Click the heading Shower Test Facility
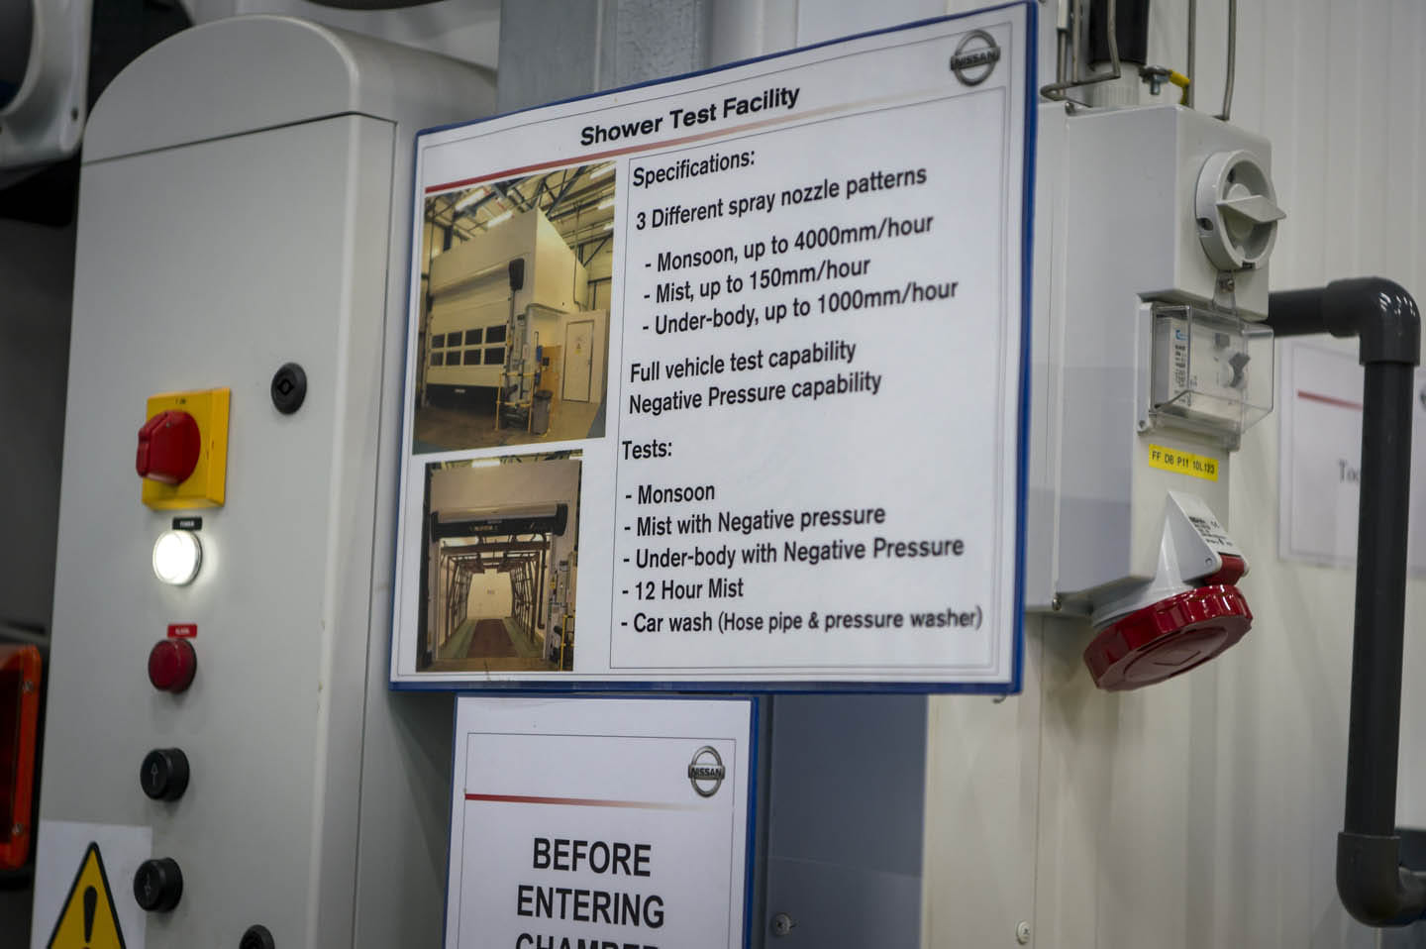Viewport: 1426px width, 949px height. (689, 117)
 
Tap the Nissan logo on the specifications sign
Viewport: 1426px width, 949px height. (974, 56)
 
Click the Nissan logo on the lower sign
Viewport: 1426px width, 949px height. (707, 771)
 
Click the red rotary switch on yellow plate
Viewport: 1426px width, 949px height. (170, 447)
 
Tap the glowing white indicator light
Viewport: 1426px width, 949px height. (176, 557)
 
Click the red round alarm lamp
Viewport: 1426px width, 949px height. (172, 663)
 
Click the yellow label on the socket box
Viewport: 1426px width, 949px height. (1181, 462)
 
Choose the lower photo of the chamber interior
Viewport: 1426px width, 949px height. (501, 563)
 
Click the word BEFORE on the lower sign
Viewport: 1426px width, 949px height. (591, 858)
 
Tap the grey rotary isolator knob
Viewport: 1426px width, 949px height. (1239, 204)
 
